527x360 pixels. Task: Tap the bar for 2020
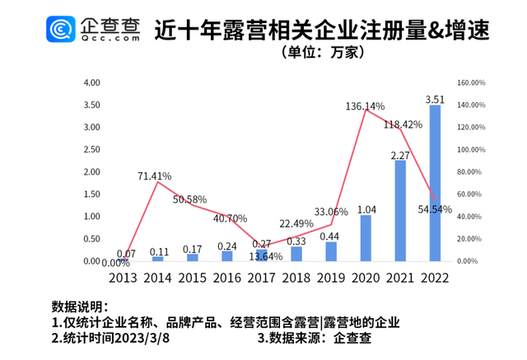coord(366,238)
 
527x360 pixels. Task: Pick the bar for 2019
coord(331,251)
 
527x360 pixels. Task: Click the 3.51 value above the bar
coord(435,99)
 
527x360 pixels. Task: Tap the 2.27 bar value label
coord(400,154)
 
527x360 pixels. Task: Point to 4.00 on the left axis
coord(91,82)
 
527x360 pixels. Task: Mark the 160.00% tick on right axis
coord(471,82)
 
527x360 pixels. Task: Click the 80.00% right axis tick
coord(469,171)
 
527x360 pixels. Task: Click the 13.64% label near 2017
coord(265,256)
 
